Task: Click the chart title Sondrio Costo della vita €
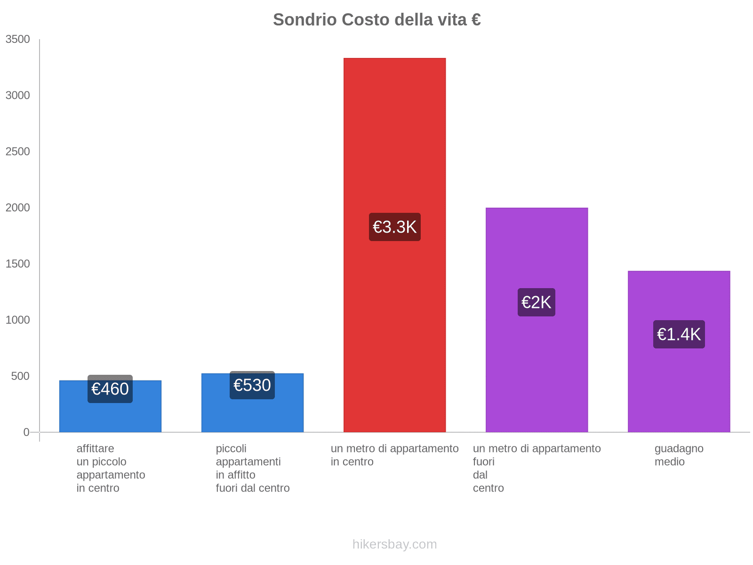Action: [376, 20]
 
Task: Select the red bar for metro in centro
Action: [394, 141]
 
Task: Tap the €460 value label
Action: [110, 389]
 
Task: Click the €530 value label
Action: [252, 385]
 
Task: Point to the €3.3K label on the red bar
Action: [394, 227]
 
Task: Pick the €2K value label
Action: [536, 302]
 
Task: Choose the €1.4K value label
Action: [679, 334]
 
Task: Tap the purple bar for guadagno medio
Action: [679, 386]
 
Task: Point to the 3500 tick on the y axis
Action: [18, 40]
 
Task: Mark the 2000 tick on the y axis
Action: [18, 208]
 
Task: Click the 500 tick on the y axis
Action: [21, 376]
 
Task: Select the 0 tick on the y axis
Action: [26, 432]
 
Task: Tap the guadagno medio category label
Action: [679, 455]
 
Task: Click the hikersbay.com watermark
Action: [394, 544]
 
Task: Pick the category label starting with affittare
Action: [111, 468]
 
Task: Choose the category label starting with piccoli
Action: [252, 468]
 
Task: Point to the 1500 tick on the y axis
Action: [18, 264]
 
